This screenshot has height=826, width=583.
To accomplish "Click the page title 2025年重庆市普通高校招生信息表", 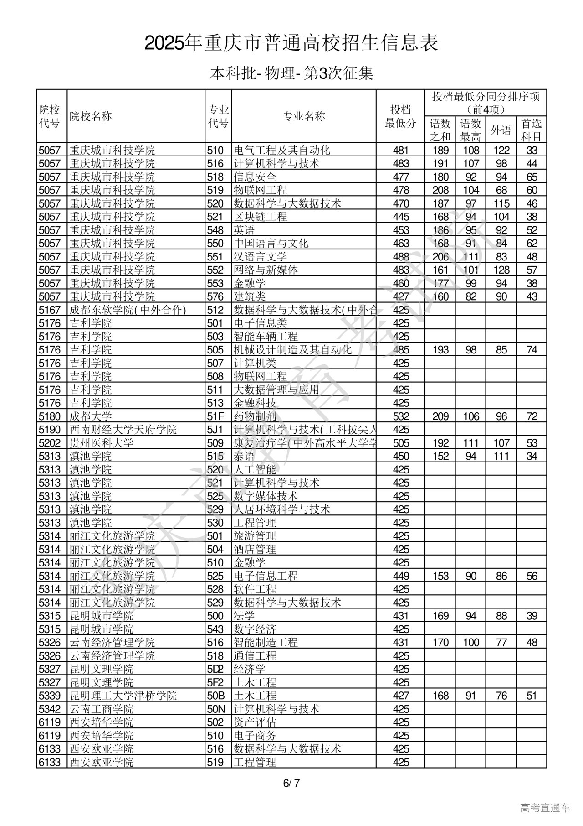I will (291, 43).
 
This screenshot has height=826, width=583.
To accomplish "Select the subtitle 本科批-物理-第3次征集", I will (291, 73).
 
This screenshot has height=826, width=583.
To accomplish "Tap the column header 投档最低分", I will (400, 116).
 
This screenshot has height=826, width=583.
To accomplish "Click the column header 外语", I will (501, 130).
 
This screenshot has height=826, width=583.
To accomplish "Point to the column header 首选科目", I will (532, 130).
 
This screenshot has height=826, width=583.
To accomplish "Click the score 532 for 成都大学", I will (401, 416).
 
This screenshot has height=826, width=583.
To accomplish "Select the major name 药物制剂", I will (255, 416).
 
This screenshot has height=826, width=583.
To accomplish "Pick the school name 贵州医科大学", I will (102, 443).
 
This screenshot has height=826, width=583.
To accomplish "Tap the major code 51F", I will (215, 416).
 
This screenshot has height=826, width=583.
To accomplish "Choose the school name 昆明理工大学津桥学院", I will (123, 696).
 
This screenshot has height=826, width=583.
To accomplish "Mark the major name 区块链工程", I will (261, 217).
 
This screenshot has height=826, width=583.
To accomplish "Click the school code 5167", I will (50, 310).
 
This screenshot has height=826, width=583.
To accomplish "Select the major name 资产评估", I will (255, 722).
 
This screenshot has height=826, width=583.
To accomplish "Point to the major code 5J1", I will (215, 430).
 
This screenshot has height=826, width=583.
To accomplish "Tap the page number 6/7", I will (291, 783).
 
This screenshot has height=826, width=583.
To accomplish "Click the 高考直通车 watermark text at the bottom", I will (545, 808).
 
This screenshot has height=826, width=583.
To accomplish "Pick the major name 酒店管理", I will (255, 550).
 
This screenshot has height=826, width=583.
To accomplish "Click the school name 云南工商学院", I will (102, 709).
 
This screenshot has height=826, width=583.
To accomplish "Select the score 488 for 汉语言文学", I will (401, 257).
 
